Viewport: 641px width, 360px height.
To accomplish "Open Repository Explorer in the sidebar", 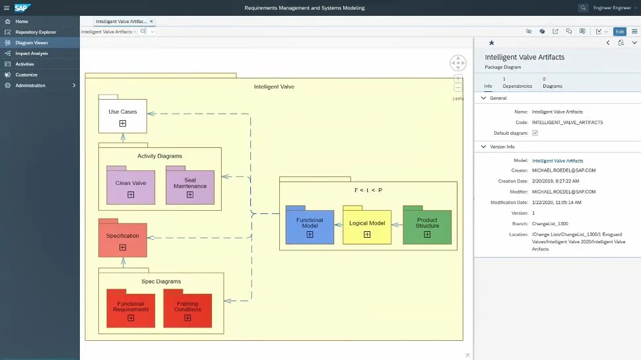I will [x=36, y=32].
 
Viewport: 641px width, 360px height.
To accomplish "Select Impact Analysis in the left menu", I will [x=32, y=53].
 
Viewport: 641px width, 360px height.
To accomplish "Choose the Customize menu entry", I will [x=26, y=75].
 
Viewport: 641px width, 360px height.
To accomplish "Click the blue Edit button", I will [x=619, y=32].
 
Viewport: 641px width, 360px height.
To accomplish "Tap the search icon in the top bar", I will [x=583, y=8].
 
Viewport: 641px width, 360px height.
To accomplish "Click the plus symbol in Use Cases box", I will [x=123, y=123].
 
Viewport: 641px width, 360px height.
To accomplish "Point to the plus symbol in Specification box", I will [x=123, y=247].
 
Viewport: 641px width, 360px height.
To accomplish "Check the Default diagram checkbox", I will [x=535, y=133].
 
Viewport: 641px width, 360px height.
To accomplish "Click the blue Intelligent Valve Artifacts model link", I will [x=557, y=161].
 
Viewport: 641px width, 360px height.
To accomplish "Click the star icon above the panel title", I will [x=491, y=42].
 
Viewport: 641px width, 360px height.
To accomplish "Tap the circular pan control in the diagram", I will [x=458, y=63].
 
